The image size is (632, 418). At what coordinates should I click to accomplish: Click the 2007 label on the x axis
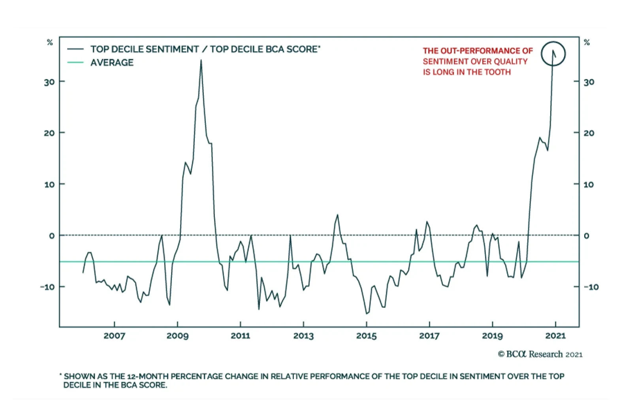[114, 336]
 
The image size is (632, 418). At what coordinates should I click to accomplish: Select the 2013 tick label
[303, 336]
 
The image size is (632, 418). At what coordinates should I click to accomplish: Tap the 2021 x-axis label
[555, 336]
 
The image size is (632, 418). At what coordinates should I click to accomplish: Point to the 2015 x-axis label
[366, 336]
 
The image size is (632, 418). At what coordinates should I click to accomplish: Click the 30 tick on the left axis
[49, 82]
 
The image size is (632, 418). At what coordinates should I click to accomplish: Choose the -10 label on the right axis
[591, 287]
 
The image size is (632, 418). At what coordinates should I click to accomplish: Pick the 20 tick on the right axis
[589, 133]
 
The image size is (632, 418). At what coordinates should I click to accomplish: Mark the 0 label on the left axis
[52, 236]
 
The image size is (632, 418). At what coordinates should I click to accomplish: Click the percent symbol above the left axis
[50, 42]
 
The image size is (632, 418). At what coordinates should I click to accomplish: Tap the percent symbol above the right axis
[587, 42]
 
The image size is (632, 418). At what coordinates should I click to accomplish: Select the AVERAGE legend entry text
[112, 63]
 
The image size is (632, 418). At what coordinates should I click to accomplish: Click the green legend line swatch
[75, 62]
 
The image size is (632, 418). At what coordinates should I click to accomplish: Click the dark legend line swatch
[75, 49]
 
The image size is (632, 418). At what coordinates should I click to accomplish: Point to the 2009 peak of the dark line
[201, 60]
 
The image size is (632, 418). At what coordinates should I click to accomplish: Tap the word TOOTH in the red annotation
[499, 72]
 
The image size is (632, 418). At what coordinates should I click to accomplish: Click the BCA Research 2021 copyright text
[540, 354]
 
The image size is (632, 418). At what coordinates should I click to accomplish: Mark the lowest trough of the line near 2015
[367, 314]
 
